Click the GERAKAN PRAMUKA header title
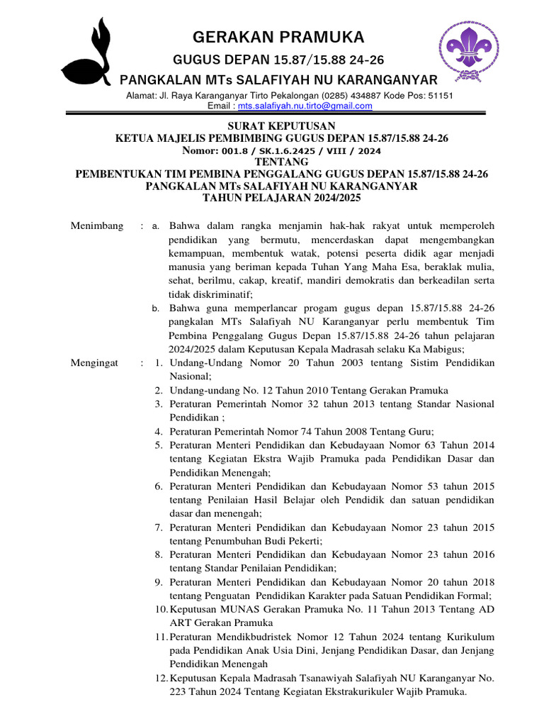(279, 37)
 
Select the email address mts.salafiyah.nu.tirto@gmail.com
(305, 106)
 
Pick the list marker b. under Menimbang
(157, 308)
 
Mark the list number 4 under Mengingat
(159, 431)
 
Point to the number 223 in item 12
(178, 692)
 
